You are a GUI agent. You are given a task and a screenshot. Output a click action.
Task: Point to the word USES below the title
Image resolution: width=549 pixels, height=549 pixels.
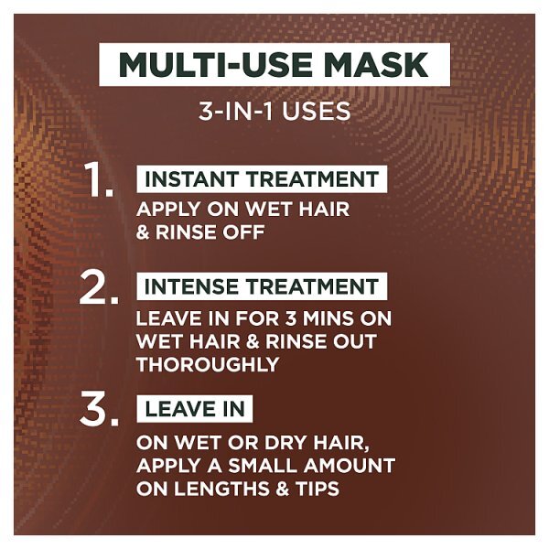coord(317,112)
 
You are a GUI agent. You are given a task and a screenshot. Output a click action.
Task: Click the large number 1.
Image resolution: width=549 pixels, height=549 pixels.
coord(99,179)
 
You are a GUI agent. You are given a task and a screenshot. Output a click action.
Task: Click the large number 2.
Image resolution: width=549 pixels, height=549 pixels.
coord(99,287)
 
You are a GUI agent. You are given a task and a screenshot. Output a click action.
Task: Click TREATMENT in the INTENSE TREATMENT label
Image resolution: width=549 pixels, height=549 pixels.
coord(312,286)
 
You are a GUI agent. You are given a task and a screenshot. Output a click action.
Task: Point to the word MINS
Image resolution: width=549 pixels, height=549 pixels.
coord(328,319)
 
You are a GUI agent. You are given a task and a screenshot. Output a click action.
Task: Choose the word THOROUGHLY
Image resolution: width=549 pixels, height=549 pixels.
coord(208,364)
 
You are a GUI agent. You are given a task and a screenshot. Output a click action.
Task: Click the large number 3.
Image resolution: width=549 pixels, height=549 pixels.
coord(99,410)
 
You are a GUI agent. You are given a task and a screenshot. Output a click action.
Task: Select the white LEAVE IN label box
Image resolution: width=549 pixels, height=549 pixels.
coord(195,409)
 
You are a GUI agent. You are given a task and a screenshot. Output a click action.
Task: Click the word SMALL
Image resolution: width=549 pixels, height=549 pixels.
coord(262,466)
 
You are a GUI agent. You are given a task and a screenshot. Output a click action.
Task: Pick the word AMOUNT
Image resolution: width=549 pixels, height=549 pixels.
coord(350,466)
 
